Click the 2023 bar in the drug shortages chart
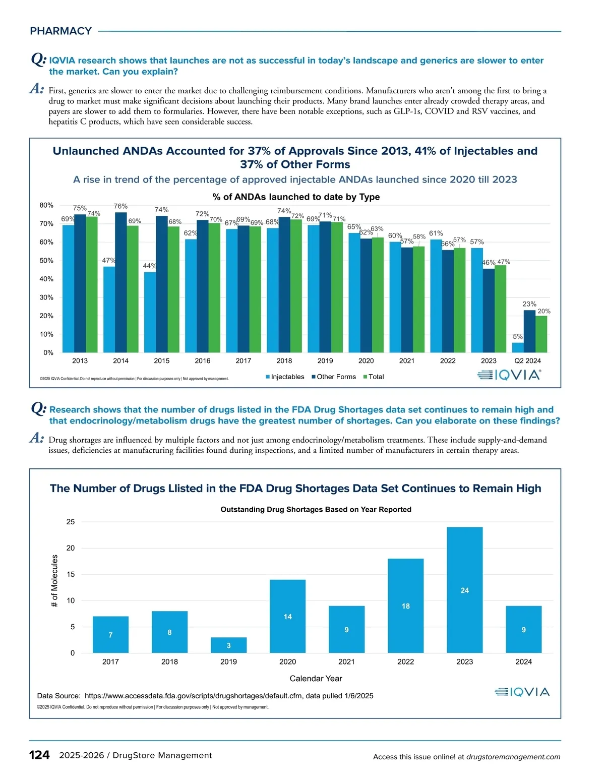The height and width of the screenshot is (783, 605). (x=464, y=590)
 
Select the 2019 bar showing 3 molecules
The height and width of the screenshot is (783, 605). (x=228, y=645)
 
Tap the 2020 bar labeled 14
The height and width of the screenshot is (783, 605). (x=287, y=616)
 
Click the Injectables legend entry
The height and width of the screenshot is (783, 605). (x=285, y=377)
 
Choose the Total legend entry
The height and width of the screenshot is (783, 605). (x=374, y=377)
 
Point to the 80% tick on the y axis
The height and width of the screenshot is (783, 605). (x=46, y=205)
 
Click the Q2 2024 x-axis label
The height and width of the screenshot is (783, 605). (x=527, y=360)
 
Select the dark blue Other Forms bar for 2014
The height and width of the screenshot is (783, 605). (x=121, y=282)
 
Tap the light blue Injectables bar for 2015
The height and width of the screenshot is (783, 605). (x=150, y=313)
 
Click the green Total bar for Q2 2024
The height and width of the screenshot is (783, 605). (x=541, y=334)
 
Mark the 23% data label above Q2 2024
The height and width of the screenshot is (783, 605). (x=529, y=304)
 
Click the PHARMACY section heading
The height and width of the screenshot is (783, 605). (x=61, y=31)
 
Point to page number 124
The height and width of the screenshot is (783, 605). (x=39, y=755)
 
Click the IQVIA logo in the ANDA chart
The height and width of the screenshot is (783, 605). (x=509, y=375)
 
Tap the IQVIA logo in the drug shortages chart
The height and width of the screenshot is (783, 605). (x=522, y=692)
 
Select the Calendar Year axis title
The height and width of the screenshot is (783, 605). (x=316, y=678)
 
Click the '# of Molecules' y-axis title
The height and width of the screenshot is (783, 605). (x=54, y=581)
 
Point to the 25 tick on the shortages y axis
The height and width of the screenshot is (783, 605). (x=71, y=522)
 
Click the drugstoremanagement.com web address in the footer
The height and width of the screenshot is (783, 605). (x=513, y=756)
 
